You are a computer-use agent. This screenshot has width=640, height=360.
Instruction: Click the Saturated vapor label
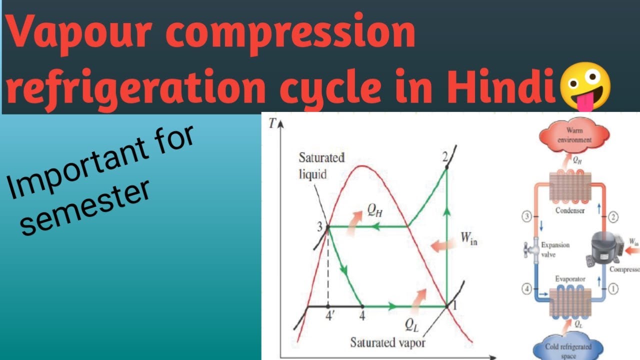tap(388, 342)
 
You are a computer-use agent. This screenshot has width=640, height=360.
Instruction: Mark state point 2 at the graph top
tap(444, 156)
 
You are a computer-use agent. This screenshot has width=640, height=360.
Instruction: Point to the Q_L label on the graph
tap(412, 325)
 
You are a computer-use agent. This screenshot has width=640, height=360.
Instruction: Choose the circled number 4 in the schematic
tap(527, 289)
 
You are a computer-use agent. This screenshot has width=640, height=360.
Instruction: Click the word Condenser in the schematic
tap(570, 210)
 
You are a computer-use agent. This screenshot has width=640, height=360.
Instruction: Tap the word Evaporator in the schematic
tap(570, 278)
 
